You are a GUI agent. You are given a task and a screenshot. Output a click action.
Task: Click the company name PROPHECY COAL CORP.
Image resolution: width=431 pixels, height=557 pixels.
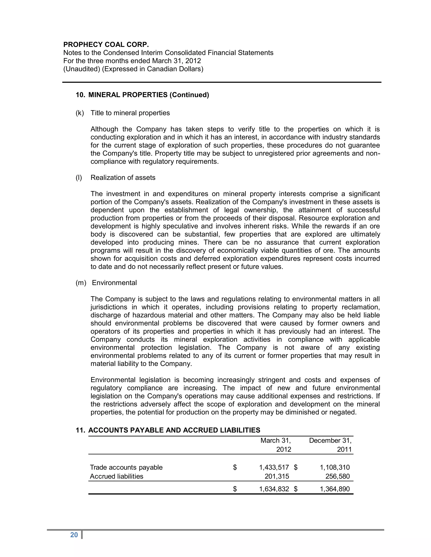(x=106, y=45)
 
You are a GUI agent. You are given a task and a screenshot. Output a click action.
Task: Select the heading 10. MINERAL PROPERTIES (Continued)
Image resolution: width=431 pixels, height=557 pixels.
(x=142, y=95)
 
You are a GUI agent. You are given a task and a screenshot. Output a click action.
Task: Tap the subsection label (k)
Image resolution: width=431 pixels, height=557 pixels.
(x=80, y=113)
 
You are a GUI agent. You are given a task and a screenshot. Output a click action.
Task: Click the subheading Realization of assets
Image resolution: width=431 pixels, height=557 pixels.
(x=123, y=178)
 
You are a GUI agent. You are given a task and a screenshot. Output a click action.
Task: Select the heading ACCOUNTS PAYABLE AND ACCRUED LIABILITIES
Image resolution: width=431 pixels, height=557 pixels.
(x=174, y=430)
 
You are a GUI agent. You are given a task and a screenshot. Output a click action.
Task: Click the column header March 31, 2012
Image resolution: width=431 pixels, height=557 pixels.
(x=276, y=445)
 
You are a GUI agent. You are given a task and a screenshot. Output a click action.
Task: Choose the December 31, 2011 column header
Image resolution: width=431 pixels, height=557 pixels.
(x=330, y=445)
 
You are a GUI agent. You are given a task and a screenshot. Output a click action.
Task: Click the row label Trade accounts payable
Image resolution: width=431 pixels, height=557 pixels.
(x=126, y=467)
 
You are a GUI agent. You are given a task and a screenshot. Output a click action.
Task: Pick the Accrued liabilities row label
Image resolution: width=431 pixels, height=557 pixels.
(x=116, y=476)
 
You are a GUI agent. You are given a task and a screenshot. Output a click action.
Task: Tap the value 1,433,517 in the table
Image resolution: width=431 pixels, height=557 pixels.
(x=274, y=467)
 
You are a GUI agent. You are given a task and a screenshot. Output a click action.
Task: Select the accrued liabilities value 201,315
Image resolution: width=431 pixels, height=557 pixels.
(x=277, y=476)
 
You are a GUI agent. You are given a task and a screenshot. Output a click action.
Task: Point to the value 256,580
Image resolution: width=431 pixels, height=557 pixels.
(x=338, y=476)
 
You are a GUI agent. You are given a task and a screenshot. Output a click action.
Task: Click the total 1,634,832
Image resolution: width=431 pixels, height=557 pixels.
(x=274, y=489)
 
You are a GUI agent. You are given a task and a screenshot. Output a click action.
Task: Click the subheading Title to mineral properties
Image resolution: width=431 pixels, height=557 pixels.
(x=130, y=113)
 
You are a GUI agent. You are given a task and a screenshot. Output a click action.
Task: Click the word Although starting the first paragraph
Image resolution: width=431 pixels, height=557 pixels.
(x=104, y=129)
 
